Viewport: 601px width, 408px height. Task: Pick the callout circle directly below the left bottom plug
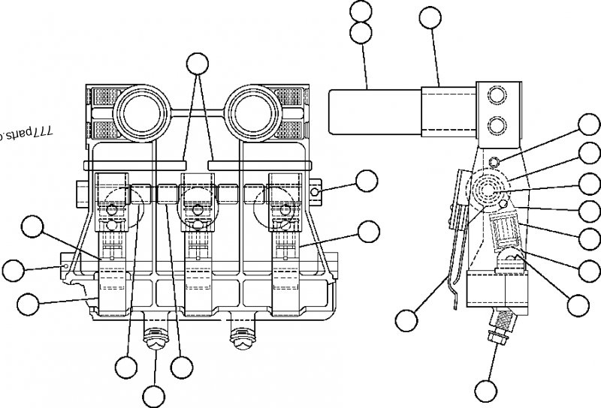click(x=153, y=396)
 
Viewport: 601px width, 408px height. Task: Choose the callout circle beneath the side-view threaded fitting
click(x=486, y=391)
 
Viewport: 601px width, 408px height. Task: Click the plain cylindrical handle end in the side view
click(x=374, y=110)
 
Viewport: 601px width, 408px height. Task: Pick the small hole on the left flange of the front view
click(x=67, y=265)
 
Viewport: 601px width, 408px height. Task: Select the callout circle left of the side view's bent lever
click(x=406, y=320)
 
